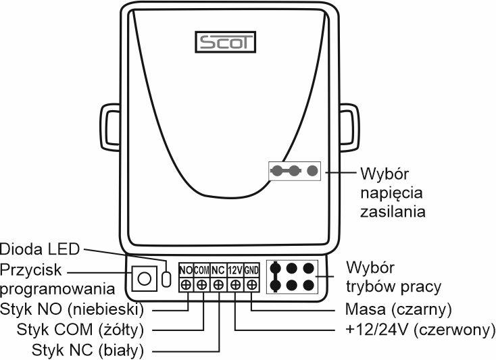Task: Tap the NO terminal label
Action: pos(186,269)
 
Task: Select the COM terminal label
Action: pos(201,269)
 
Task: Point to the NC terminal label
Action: pos(218,269)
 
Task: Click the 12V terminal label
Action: pos(235,269)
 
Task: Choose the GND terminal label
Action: pos(251,269)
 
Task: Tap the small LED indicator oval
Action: pos(166,278)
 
